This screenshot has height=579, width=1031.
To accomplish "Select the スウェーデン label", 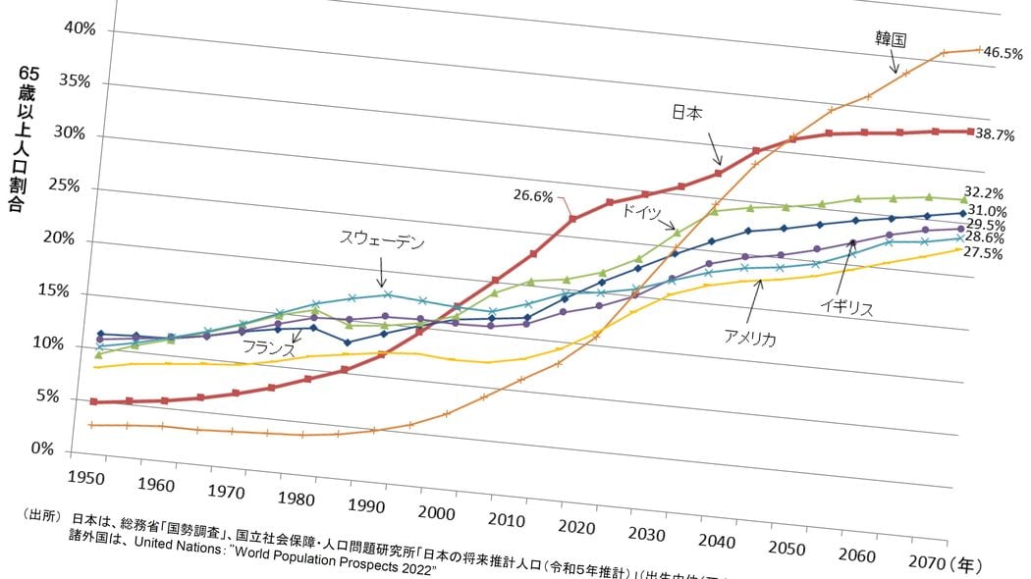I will [382, 238].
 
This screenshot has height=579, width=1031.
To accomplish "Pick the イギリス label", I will [846, 307].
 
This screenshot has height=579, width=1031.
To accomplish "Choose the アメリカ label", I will [750, 339].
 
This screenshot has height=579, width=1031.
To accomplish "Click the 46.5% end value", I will [1003, 55].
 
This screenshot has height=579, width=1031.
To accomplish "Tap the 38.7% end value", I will [995, 135].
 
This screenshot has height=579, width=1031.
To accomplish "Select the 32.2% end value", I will [985, 192].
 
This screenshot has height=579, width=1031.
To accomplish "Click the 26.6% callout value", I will [533, 195].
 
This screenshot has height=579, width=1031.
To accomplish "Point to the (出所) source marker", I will [39, 516].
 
